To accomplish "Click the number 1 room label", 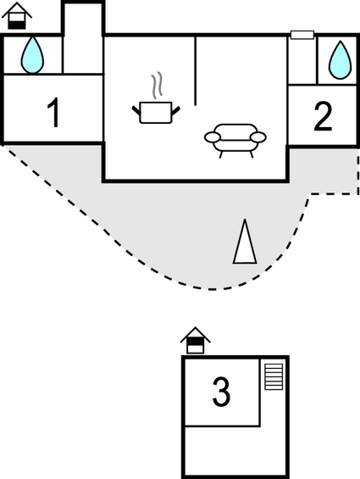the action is (x=53, y=113).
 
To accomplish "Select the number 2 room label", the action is (x=323, y=117).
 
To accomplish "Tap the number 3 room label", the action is (x=221, y=392).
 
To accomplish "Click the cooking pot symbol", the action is (x=156, y=113).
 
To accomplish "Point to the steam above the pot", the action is (x=157, y=86).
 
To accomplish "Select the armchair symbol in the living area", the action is (x=235, y=141).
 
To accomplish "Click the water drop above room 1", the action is (x=32, y=55).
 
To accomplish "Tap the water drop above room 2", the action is (x=340, y=60).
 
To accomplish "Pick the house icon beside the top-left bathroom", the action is (x=17, y=16).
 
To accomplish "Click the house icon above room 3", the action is (x=196, y=341).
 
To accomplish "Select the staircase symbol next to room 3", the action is (x=274, y=376).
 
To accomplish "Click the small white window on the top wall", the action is (x=302, y=35).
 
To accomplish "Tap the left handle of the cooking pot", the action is (x=136, y=110).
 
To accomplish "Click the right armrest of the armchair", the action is (x=258, y=137).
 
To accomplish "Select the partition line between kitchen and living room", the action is (x=196, y=71).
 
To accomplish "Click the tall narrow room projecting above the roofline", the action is (x=83, y=38).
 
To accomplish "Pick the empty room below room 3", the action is (x=235, y=449).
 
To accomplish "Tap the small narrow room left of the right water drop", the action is (x=303, y=60).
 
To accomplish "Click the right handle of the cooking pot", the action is (x=175, y=110).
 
